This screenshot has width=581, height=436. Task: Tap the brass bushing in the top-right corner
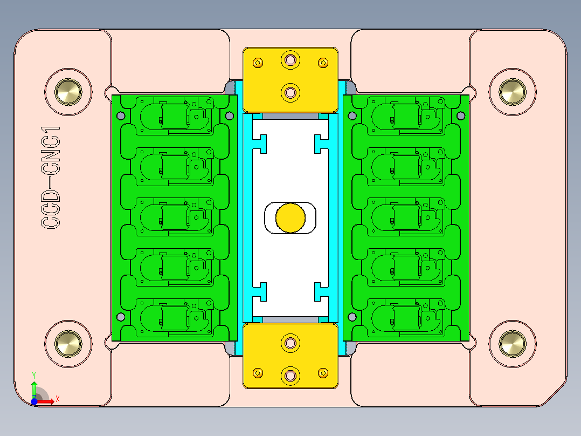(511, 91)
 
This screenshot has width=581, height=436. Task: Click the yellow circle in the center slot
(290, 217)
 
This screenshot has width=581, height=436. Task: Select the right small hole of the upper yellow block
(323, 63)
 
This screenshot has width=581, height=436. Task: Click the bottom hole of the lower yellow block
(291, 374)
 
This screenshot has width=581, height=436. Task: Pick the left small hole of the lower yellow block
(258, 372)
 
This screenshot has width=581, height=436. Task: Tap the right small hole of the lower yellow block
(323, 372)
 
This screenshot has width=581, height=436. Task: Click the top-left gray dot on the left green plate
(121, 115)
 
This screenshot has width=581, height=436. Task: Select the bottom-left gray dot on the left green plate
(121, 317)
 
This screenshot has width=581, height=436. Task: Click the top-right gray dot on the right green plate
(461, 115)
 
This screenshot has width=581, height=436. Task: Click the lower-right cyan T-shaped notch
(321, 291)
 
